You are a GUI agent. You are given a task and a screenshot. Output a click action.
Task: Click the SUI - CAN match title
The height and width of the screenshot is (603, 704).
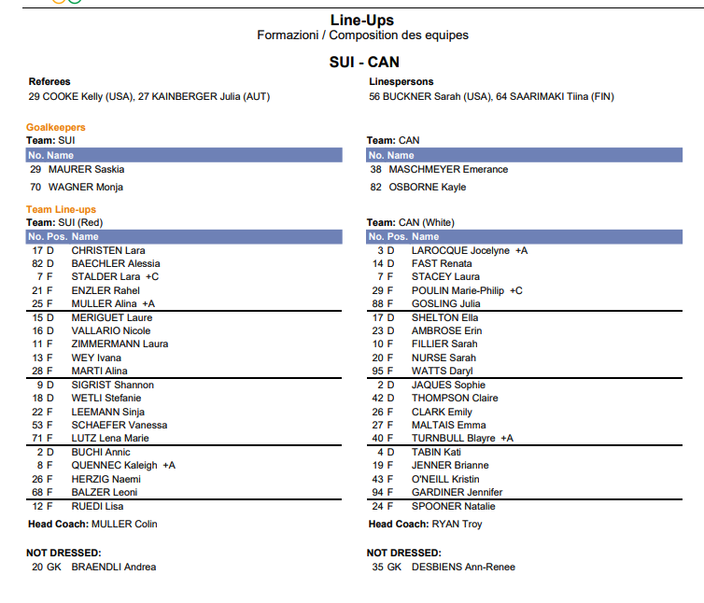pyautogui.click(x=364, y=62)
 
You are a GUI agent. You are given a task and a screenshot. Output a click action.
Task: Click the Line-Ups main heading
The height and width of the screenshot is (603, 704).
pyautogui.click(x=362, y=20)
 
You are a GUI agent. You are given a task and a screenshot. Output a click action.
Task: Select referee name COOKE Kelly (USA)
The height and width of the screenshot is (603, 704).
pyautogui.click(x=82, y=96)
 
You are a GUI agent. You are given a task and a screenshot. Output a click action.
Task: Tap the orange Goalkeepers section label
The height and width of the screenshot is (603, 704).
pyautogui.click(x=56, y=127)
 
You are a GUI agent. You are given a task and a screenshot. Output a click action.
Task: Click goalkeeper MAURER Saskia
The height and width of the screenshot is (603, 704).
pyautogui.click(x=86, y=170)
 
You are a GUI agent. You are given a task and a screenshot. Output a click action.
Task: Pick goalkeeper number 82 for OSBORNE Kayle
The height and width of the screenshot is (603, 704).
pyautogui.click(x=376, y=187)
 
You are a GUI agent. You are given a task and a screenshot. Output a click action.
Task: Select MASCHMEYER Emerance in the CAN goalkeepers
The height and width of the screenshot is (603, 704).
pyautogui.click(x=448, y=170)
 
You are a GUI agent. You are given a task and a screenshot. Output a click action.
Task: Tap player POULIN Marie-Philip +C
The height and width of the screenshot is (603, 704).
pyautogui.click(x=467, y=290)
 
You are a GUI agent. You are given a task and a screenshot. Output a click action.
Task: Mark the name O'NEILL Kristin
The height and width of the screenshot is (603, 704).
pyautogui.click(x=445, y=479)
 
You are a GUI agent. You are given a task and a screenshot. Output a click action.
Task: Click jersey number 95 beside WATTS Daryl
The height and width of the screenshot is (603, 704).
pyautogui.click(x=378, y=372)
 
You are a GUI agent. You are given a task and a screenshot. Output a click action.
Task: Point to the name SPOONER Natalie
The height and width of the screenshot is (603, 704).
pyautogui.click(x=454, y=507)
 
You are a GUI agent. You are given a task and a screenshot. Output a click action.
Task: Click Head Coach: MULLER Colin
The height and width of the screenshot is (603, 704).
pyautogui.click(x=92, y=525)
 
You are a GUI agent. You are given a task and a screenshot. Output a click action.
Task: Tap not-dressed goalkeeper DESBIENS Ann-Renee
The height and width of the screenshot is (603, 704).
pyautogui.click(x=463, y=567)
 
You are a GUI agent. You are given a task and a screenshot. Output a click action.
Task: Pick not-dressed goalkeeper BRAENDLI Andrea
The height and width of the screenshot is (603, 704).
pyautogui.click(x=114, y=567)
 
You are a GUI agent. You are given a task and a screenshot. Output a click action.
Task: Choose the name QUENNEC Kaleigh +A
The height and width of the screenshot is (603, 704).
pyautogui.click(x=123, y=466)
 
